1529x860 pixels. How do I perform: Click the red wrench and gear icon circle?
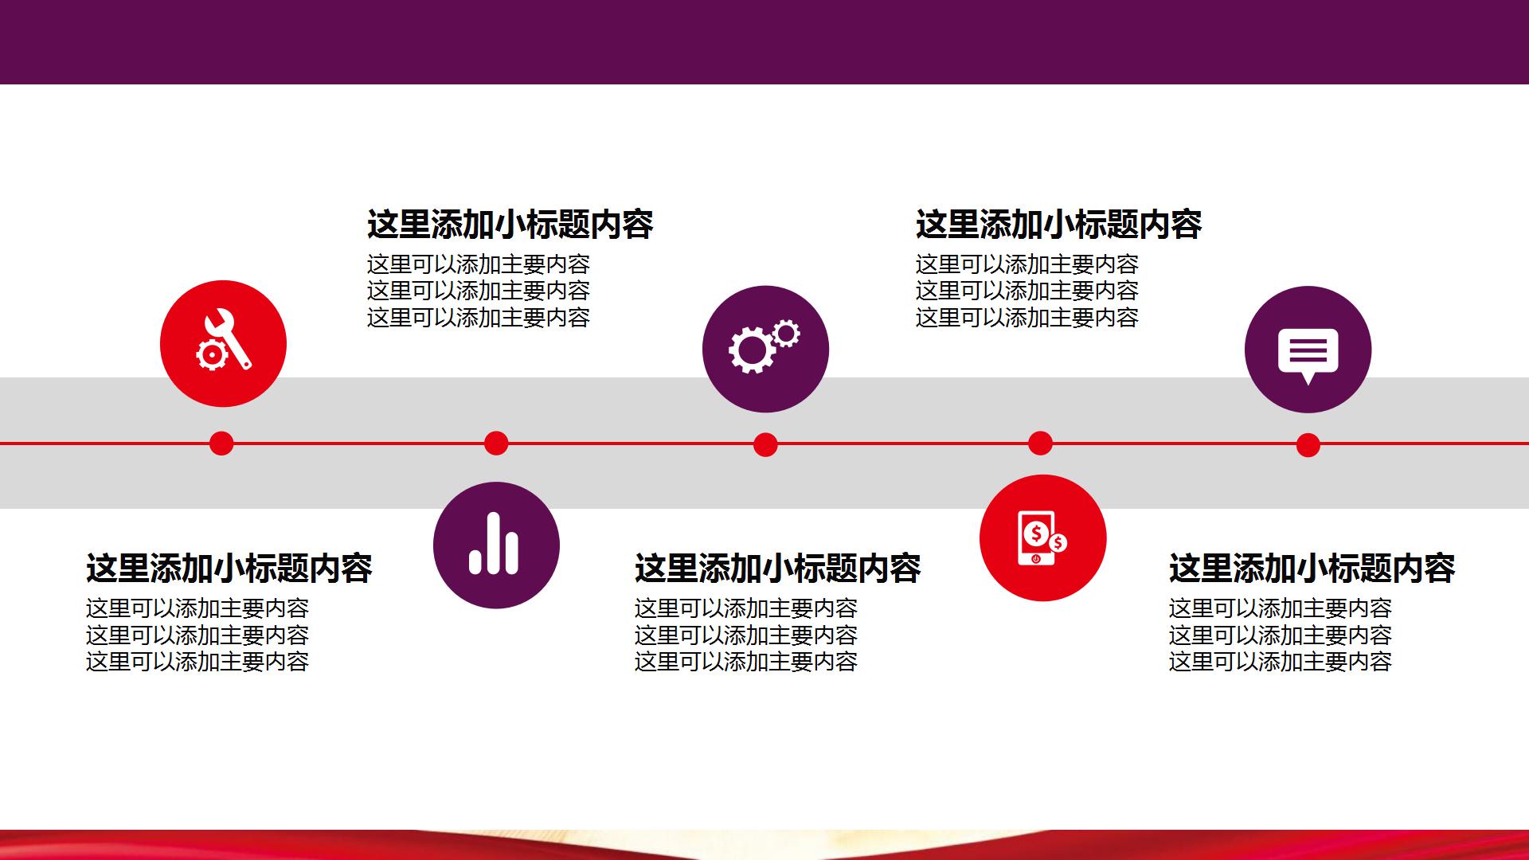point(223,343)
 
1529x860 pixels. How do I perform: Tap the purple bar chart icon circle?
point(496,545)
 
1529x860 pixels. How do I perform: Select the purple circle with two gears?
point(765,349)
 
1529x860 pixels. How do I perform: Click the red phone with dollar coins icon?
point(1042,538)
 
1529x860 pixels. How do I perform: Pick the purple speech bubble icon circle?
point(1308,350)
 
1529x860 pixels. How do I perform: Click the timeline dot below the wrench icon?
point(221,444)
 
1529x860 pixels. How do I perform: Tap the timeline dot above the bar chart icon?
point(496,444)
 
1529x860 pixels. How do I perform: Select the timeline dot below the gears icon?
point(765,444)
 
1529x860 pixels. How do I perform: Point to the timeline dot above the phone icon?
point(1040,444)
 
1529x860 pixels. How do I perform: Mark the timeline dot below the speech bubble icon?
point(1308,445)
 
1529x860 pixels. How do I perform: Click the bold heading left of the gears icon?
point(510,225)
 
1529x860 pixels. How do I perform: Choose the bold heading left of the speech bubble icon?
point(1058,225)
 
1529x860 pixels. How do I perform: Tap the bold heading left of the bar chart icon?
point(229,569)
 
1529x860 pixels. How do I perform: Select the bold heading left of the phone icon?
point(777,569)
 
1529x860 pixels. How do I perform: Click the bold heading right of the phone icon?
point(1312,569)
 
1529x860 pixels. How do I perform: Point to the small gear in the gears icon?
point(786,334)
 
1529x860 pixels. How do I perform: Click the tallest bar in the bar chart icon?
point(495,542)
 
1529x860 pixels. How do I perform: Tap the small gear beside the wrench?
point(212,355)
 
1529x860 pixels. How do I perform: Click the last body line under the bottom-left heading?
point(197,662)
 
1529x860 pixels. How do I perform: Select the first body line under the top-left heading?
point(478,264)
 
